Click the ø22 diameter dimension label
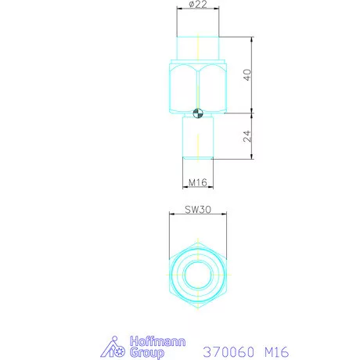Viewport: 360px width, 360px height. (x=198, y=4)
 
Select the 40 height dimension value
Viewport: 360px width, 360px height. (x=247, y=75)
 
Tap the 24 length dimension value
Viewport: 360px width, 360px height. (x=247, y=136)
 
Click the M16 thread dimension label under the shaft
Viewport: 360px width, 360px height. (x=198, y=182)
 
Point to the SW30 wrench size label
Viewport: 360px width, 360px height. (x=198, y=210)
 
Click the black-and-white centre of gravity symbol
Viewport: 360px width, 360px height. (x=198, y=113)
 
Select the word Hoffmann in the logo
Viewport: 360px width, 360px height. (x=157, y=341)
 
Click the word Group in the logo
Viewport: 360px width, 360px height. (x=147, y=353)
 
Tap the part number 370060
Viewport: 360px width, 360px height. (x=229, y=352)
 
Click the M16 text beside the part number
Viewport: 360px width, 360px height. (x=277, y=352)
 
